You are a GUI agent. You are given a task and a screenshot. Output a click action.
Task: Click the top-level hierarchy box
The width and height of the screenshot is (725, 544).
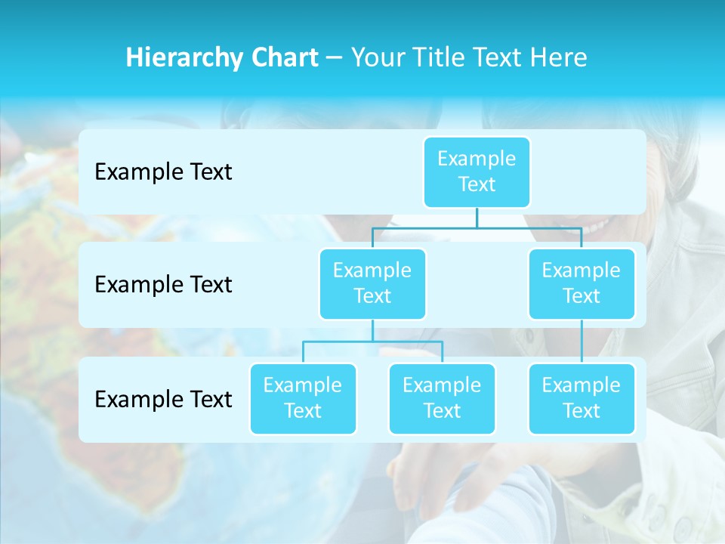coord(477,172)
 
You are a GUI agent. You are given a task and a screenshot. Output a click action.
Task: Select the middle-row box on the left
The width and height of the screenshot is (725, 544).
coord(372,283)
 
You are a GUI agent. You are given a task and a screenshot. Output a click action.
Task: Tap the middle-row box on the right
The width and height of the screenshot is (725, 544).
coord(582,283)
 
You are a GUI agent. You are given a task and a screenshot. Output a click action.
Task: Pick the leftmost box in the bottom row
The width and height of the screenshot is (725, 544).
coord(303,398)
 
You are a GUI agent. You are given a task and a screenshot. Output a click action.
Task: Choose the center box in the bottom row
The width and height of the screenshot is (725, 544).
coord(442,398)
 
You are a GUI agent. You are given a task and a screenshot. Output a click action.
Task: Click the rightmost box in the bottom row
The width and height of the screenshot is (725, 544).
coord(582,398)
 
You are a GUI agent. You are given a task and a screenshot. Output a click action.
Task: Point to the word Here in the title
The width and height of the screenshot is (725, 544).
coord(559,58)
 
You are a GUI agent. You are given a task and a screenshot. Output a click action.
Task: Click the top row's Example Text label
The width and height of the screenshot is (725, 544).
coord(163,172)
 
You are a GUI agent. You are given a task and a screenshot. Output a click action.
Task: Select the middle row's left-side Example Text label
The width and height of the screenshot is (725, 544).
coord(163,285)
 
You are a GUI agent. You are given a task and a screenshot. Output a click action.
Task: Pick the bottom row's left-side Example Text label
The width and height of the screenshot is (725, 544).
coord(163,400)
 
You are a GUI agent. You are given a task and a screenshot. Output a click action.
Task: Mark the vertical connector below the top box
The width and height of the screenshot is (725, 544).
coord(477,218)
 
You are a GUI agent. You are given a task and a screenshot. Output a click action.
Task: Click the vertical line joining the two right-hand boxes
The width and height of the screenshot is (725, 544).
coord(582,341)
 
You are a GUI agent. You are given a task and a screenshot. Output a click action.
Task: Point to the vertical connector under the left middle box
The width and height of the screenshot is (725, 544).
coord(372,330)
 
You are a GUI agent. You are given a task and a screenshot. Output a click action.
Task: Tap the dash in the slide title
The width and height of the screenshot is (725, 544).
coord(335,58)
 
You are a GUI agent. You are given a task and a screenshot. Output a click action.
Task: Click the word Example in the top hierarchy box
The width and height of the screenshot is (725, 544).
coord(477,159)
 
